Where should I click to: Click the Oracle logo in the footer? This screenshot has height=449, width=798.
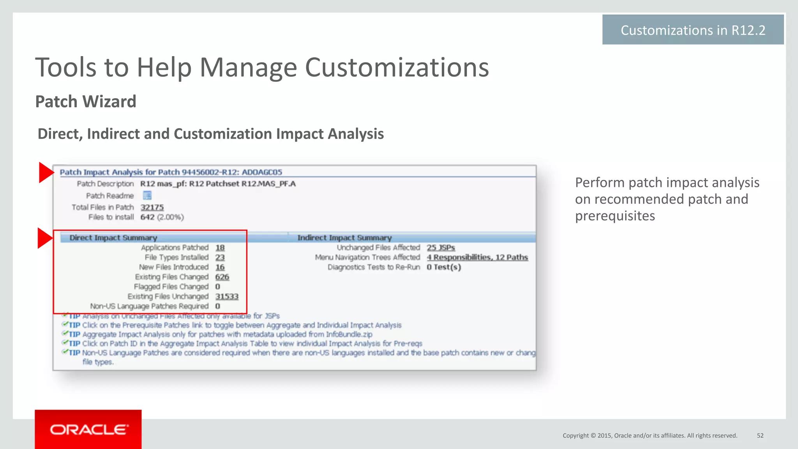point(88,430)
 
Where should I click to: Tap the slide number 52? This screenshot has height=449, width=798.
point(760,435)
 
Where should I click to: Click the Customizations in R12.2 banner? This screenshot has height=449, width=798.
point(693,30)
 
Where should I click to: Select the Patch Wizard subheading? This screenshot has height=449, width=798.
point(86,102)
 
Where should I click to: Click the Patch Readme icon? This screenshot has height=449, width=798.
point(147,195)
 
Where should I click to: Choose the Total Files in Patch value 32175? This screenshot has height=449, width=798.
point(152,207)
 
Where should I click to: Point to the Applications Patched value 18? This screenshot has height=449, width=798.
point(220,248)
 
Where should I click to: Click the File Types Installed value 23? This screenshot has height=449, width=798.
point(220,257)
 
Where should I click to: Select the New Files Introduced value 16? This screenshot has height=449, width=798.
point(220,267)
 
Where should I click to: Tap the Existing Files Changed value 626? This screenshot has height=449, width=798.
point(222,277)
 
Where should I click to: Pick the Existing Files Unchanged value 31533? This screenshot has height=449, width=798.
point(227,296)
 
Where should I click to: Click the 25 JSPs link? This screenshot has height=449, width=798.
point(441,248)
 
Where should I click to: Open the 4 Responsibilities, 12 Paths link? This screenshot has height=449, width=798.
point(477,257)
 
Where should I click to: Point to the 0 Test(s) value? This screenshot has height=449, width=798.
point(444,267)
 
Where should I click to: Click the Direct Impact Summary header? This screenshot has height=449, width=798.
point(113,238)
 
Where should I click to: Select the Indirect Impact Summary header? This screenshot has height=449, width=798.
point(344,238)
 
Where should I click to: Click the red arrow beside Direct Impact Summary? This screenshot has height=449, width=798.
point(44,238)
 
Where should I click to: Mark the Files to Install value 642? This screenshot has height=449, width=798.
point(147,217)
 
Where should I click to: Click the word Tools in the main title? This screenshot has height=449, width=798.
point(66,67)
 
